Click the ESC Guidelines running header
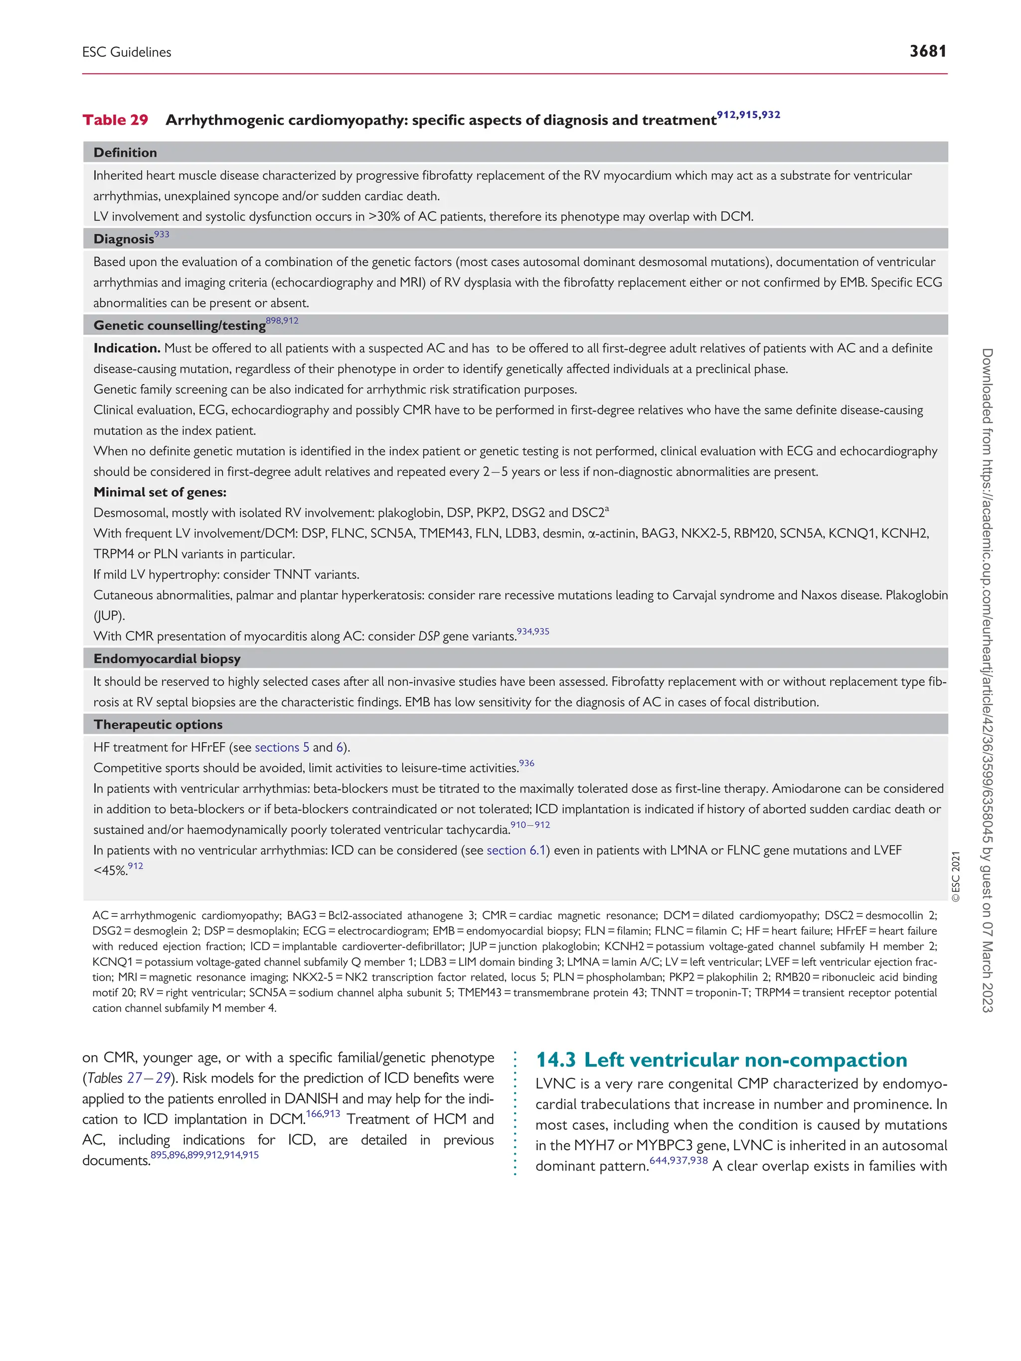coord(127,52)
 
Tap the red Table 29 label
coord(115,120)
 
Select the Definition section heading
coord(125,152)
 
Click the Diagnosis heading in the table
coord(123,239)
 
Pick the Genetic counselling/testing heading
coord(179,325)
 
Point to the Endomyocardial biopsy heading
coord(167,659)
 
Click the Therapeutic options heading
coord(158,725)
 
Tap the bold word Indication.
coord(127,348)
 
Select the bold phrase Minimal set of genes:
coord(160,492)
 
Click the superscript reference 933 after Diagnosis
coord(162,234)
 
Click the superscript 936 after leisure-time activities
coord(527,763)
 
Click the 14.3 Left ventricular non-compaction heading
coord(721,1059)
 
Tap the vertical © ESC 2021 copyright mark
coord(955,876)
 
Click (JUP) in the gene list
coord(109,616)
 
